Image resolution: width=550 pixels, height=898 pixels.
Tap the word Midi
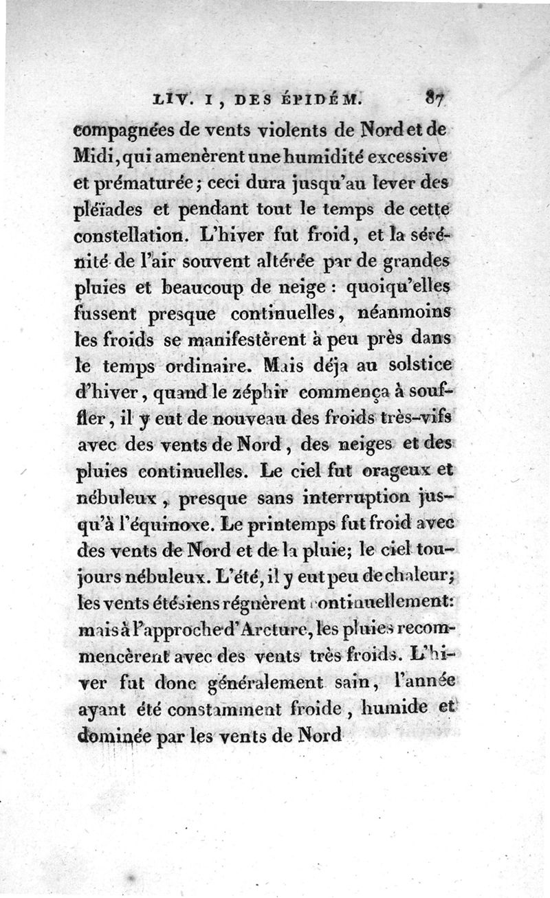click(91, 156)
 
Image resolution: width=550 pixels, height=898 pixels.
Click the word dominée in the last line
click(107, 734)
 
